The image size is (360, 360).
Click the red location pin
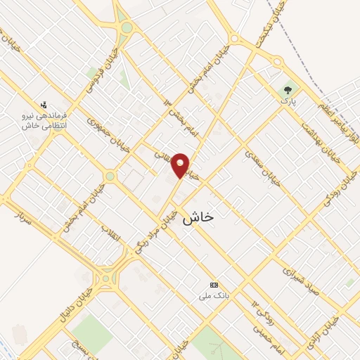[x=181, y=165]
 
